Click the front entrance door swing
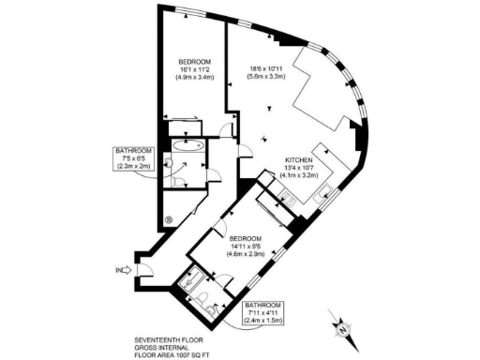pyautogui.click(x=144, y=272)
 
